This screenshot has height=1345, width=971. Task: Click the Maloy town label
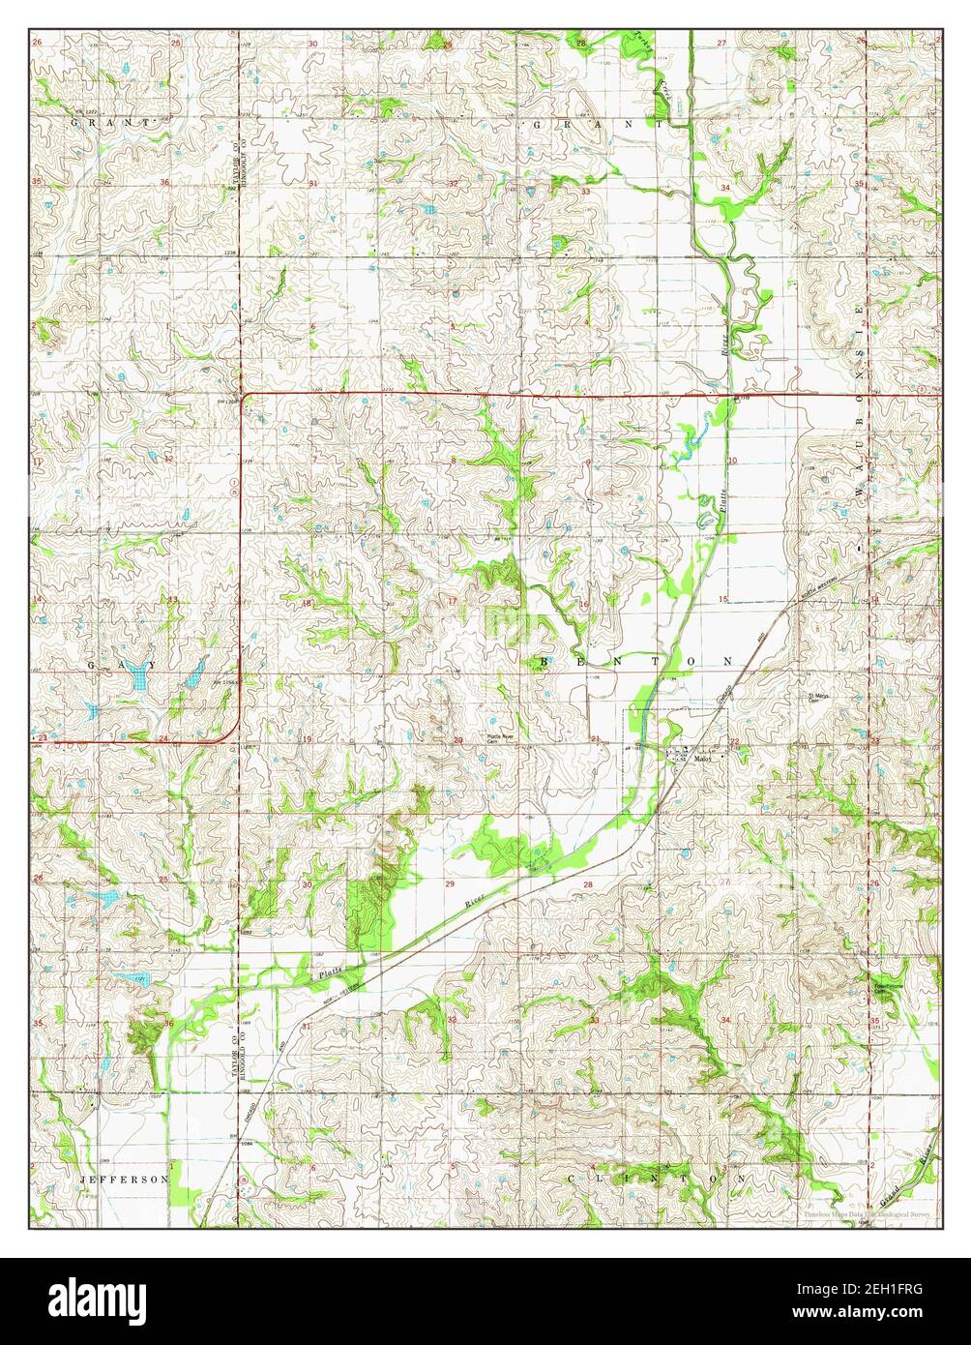(x=704, y=760)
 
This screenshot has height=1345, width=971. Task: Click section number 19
(x=307, y=739)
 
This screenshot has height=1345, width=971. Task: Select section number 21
(x=597, y=739)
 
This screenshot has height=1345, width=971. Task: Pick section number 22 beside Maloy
(x=735, y=742)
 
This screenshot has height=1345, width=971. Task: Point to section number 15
(x=722, y=600)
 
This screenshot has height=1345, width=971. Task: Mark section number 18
(x=307, y=603)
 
